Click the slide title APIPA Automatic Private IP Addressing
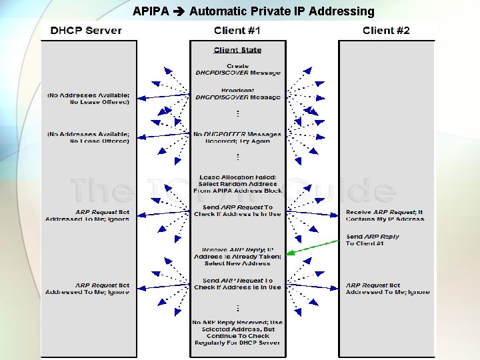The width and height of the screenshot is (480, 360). (x=253, y=11)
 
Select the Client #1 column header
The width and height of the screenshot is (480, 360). (x=237, y=31)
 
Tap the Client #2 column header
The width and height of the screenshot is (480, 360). (x=386, y=31)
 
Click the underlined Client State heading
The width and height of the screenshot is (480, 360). (x=237, y=50)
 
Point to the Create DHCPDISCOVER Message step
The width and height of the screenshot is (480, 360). (x=237, y=69)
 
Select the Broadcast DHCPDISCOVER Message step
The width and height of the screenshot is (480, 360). (x=237, y=94)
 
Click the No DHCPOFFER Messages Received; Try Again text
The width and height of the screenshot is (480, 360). (x=237, y=137)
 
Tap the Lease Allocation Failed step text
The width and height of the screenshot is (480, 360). (x=237, y=184)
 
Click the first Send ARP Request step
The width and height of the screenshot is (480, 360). (x=237, y=211)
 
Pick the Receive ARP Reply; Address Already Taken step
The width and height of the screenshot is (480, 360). (x=237, y=256)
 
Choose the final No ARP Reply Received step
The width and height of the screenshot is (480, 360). (x=237, y=332)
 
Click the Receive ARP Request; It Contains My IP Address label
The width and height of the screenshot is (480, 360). (x=385, y=215)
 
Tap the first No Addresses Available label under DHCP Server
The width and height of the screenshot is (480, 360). (x=88, y=99)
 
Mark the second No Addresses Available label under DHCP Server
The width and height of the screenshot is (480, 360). (x=88, y=137)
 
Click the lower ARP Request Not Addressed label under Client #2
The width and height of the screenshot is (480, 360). (x=387, y=289)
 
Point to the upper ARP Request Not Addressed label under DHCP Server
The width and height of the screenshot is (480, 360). (x=87, y=215)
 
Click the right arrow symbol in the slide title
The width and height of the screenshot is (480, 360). (x=179, y=11)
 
